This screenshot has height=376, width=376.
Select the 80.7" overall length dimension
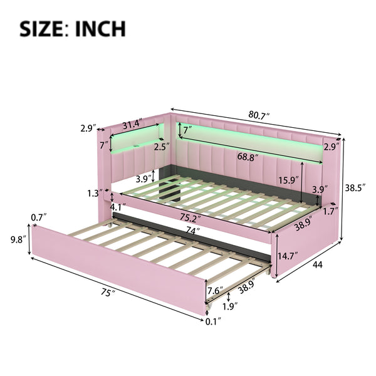(258, 116)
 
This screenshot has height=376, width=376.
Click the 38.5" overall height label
(358, 187)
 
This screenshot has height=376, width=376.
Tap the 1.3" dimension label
(96, 193)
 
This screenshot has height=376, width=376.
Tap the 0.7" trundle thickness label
(37, 217)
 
